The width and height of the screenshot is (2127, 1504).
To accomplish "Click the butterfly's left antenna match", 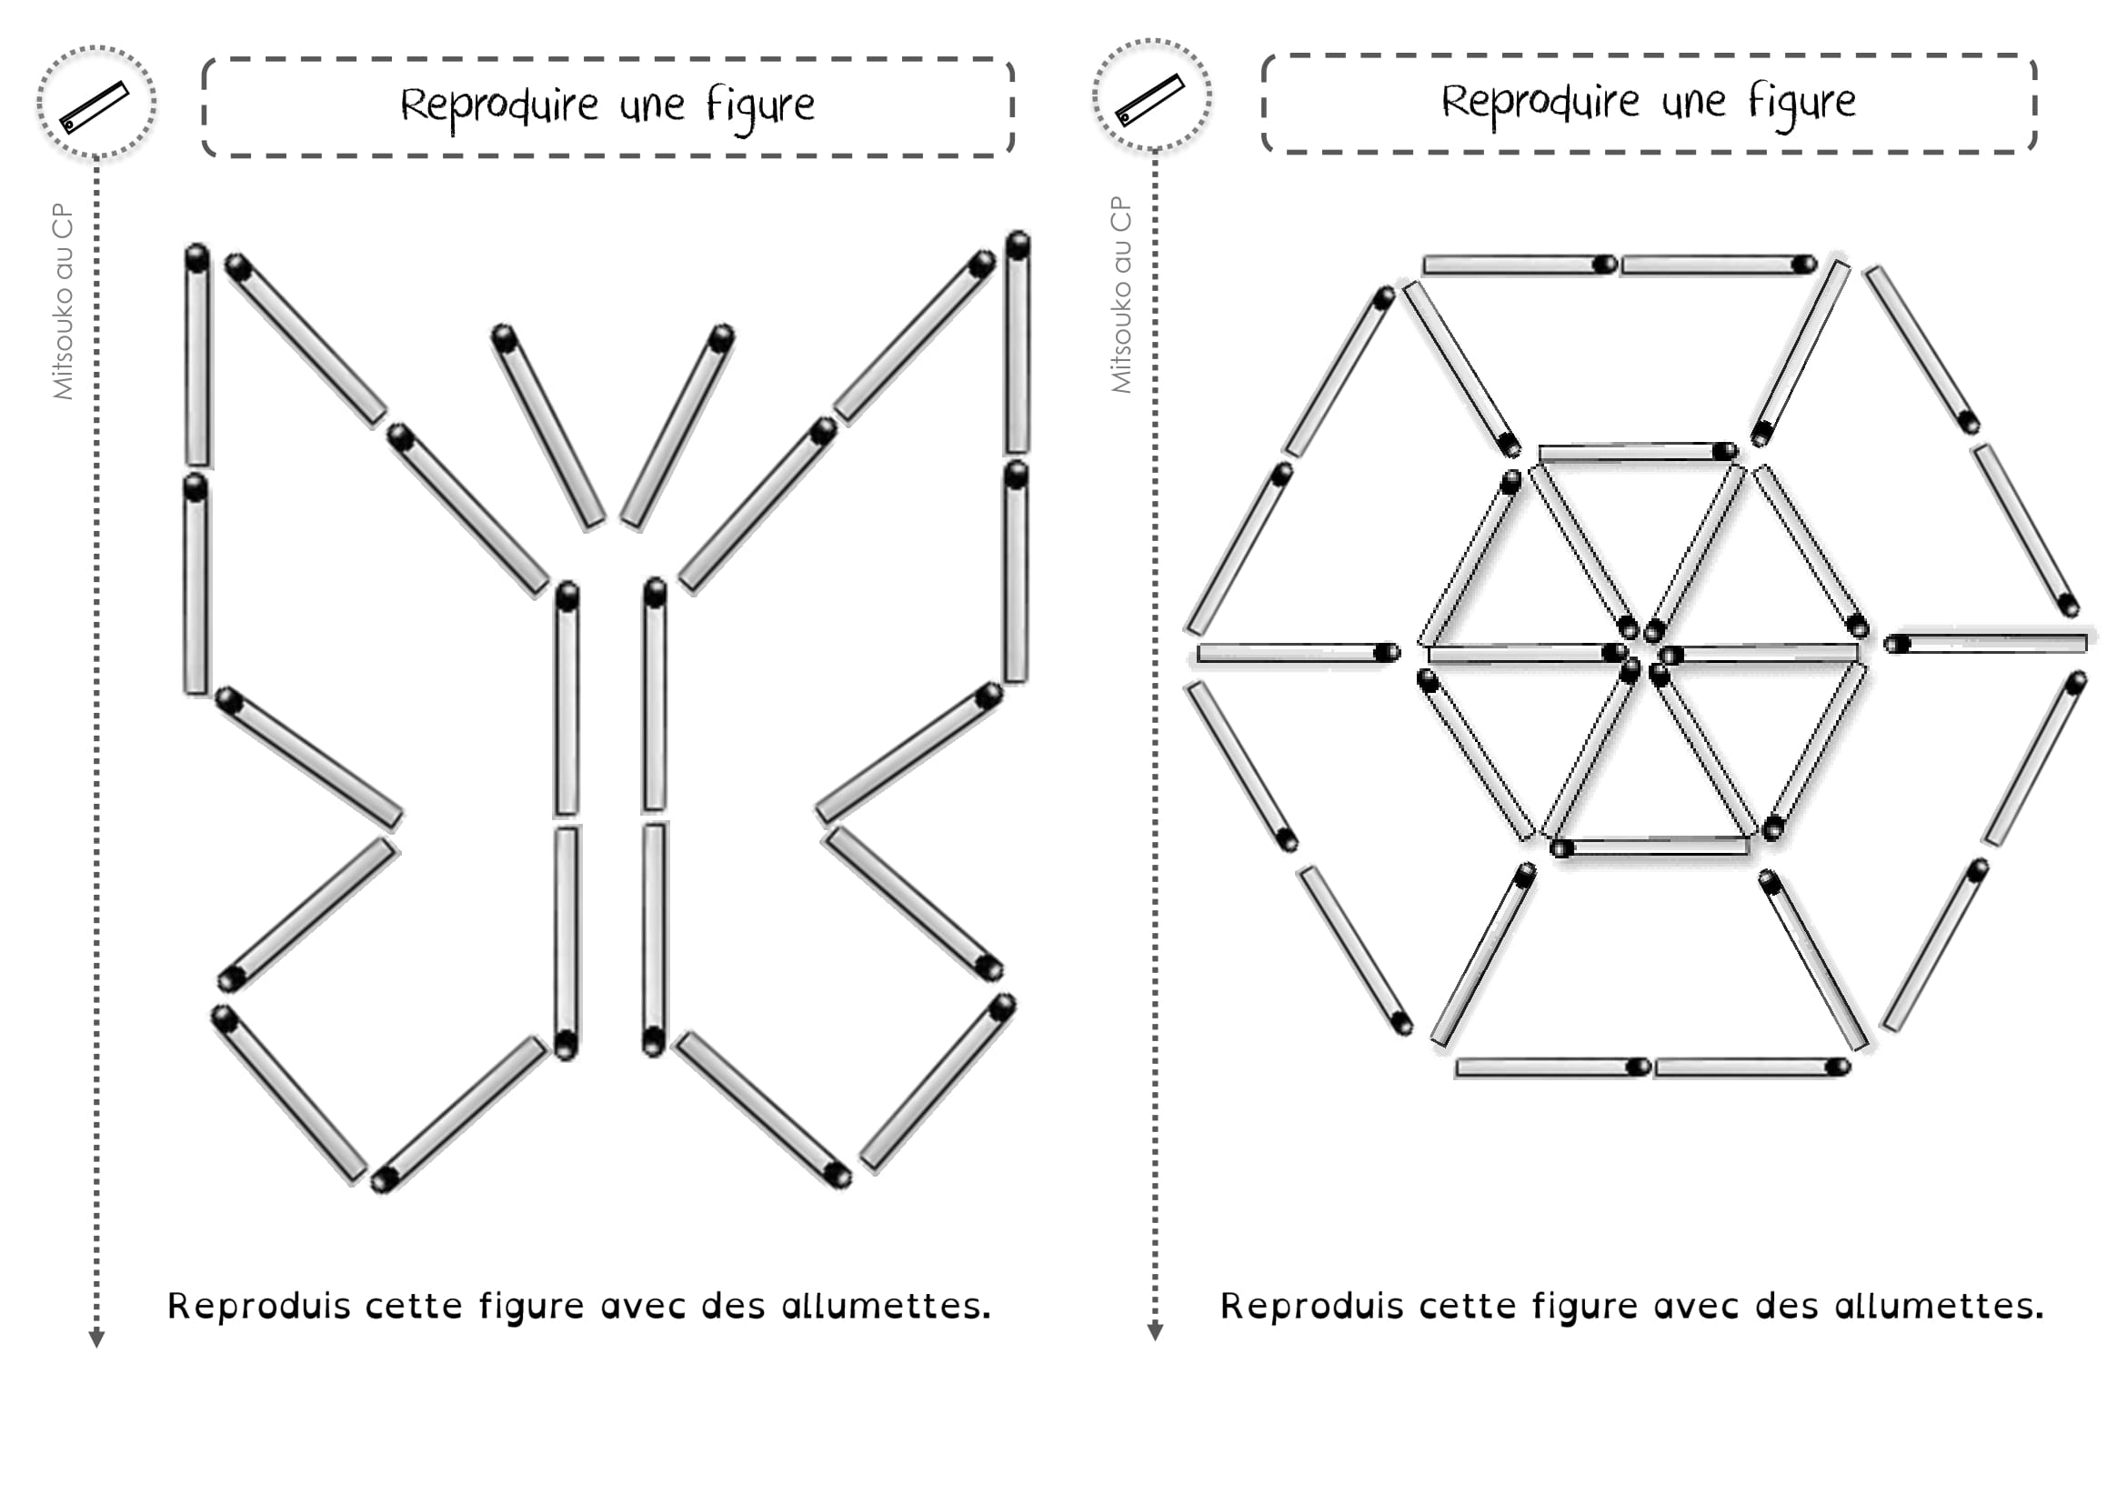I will coord(547,429).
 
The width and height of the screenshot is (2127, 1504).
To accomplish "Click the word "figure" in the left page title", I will coord(760,105).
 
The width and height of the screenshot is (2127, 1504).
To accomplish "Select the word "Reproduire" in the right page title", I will coord(1539,102).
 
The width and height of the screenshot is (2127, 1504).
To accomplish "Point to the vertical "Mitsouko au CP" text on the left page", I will coord(63,301).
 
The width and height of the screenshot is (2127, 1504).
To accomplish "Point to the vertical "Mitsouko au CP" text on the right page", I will coord(1121,295).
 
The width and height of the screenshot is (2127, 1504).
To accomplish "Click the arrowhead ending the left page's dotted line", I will coord(96,1339).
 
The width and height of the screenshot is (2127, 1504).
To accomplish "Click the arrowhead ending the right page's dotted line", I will coord(1154,1333).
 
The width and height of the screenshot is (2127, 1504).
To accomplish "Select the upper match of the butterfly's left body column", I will coord(567,699).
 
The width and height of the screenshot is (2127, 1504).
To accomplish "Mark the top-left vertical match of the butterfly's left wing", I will coord(197,356).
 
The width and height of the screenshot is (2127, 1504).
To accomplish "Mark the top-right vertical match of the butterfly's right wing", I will coord(1018,343).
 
